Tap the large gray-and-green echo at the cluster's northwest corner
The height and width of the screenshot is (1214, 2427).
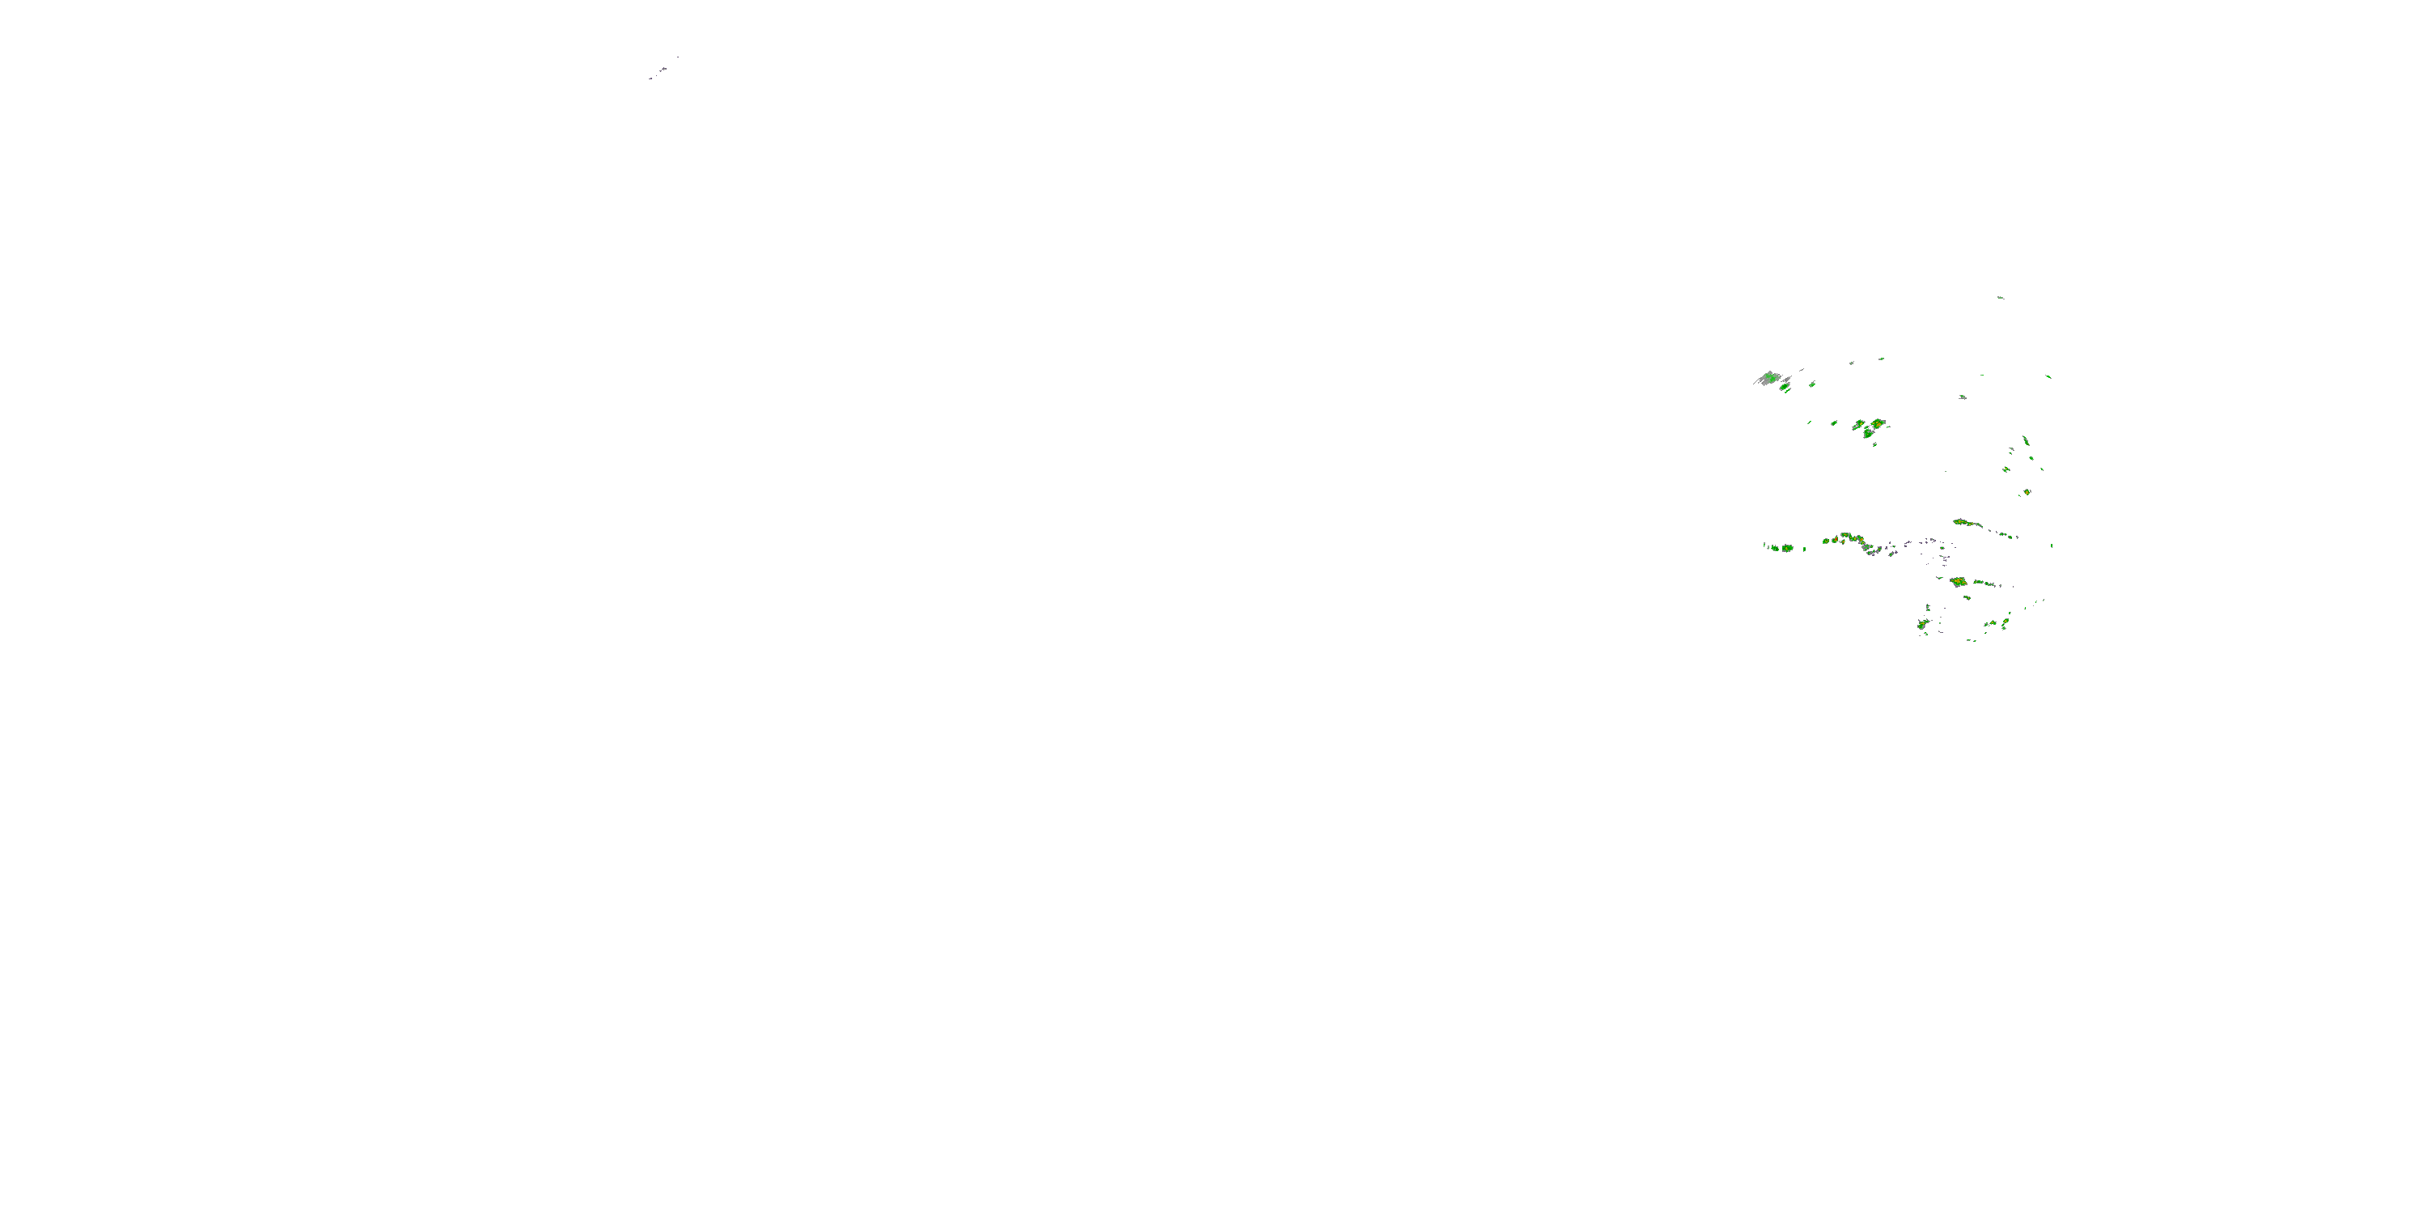click(x=1769, y=378)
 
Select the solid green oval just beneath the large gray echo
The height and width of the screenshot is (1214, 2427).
click(x=1785, y=388)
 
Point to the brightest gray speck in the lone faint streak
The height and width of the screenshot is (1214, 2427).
click(x=663, y=69)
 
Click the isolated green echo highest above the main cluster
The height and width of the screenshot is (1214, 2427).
click(x=2000, y=298)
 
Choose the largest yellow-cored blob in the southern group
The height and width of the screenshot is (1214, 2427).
click(x=1959, y=582)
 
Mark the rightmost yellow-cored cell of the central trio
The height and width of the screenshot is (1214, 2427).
click(x=1878, y=423)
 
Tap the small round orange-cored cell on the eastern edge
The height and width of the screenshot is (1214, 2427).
click(x=2027, y=492)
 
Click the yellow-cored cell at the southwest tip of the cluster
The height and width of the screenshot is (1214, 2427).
click(x=1923, y=624)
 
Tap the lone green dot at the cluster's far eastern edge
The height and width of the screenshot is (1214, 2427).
click(x=2051, y=545)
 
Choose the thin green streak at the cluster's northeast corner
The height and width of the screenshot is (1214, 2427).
click(x=2048, y=377)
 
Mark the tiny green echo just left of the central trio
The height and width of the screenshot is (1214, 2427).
click(x=1833, y=423)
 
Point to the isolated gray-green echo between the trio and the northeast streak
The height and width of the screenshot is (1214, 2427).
click(x=1963, y=397)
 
